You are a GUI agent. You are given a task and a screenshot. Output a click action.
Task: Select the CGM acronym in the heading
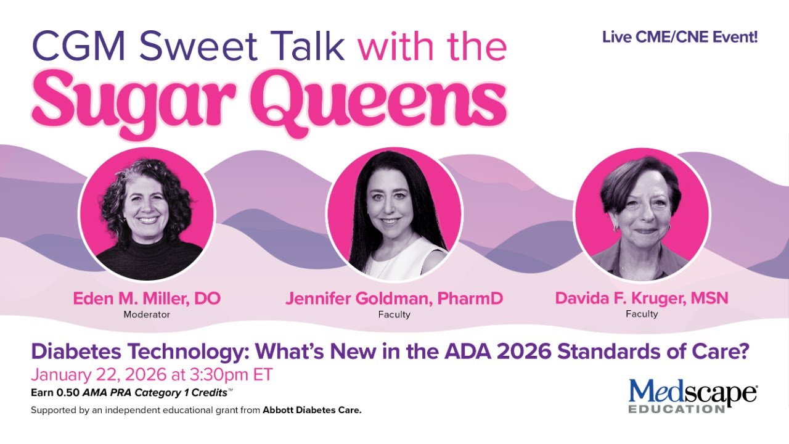click(x=77, y=47)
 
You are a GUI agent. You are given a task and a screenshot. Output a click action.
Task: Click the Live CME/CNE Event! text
click(x=680, y=37)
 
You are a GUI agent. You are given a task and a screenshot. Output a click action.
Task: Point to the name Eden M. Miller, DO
click(x=147, y=299)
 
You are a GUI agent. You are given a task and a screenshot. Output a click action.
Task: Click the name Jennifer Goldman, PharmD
click(x=394, y=299)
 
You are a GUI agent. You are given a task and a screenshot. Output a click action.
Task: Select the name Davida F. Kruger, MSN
click(x=642, y=298)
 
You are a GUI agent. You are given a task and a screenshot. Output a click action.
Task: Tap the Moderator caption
click(x=147, y=314)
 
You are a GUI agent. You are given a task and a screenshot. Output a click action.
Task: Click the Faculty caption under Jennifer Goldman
click(x=394, y=314)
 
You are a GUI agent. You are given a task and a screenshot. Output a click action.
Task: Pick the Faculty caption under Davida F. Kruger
click(x=642, y=314)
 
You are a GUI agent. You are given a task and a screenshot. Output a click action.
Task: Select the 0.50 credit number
click(x=67, y=392)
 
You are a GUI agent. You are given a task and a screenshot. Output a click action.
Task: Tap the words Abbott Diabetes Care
click(x=312, y=410)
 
